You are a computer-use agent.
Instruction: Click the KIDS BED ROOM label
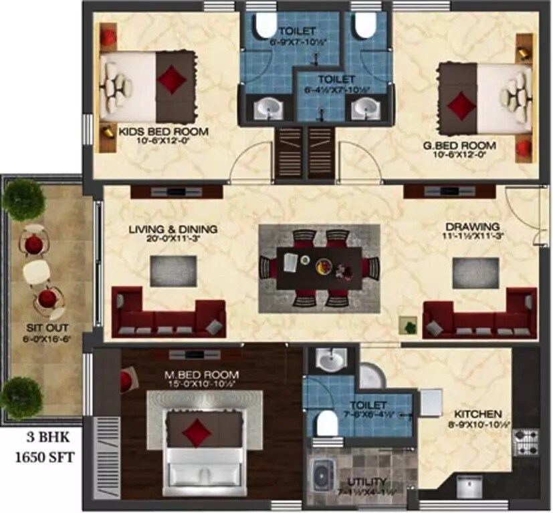coord(163,131)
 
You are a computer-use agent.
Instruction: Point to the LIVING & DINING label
coord(173,229)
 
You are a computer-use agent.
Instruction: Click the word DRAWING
coord(478,226)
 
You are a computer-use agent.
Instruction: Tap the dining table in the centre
coord(319,266)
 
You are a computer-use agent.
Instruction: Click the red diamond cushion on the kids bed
coord(172,77)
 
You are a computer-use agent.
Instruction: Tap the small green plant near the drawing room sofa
coord(407,325)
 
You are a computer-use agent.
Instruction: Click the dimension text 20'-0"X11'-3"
coord(173,238)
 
